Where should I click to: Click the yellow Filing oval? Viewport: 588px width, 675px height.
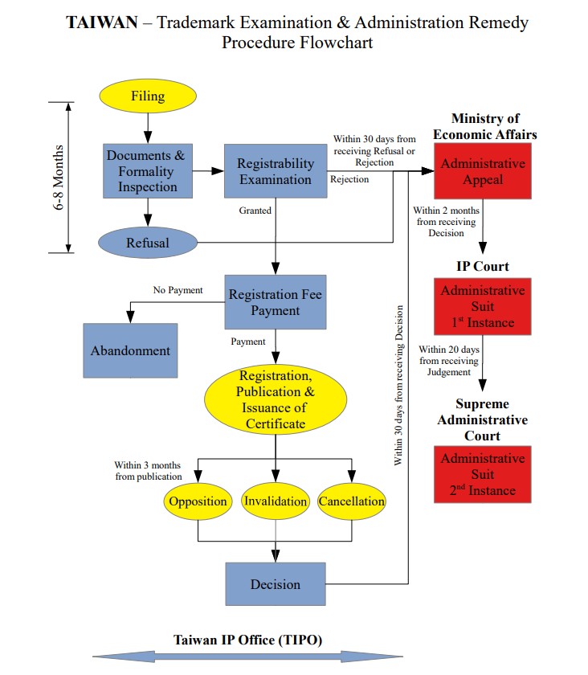(x=147, y=96)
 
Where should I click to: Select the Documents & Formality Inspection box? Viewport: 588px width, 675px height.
(x=147, y=170)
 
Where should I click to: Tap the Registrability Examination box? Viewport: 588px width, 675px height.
(x=275, y=171)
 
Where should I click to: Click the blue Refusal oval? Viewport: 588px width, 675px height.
(x=147, y=242)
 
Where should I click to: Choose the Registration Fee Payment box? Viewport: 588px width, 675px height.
(x=275, y=303)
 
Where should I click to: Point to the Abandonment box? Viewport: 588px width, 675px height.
(x=130, y=350)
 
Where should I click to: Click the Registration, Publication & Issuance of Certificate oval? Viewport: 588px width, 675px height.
(x=276, y=399)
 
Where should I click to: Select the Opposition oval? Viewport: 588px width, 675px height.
(x=197, y=501)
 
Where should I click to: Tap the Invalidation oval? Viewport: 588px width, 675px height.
(x=276, y=501)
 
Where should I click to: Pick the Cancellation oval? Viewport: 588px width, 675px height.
(x=352, y=501)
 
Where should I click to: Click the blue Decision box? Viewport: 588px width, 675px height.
(x=275, y=584)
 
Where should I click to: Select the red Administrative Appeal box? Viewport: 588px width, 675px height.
(x=483, y=171)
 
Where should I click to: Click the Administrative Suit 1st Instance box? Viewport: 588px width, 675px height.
(x=483, y=307)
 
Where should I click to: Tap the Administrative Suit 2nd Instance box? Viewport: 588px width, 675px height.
(x=483, y=474)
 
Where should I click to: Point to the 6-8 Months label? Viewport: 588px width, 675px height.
(x=59, y=177)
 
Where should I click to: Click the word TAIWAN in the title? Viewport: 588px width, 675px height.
(x=101, y=22)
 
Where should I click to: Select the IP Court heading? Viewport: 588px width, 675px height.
(x=483, y=266)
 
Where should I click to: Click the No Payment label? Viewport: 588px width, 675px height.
(x=178, y=290)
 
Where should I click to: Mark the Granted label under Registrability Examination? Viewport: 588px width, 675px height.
(x=255, y=211)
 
